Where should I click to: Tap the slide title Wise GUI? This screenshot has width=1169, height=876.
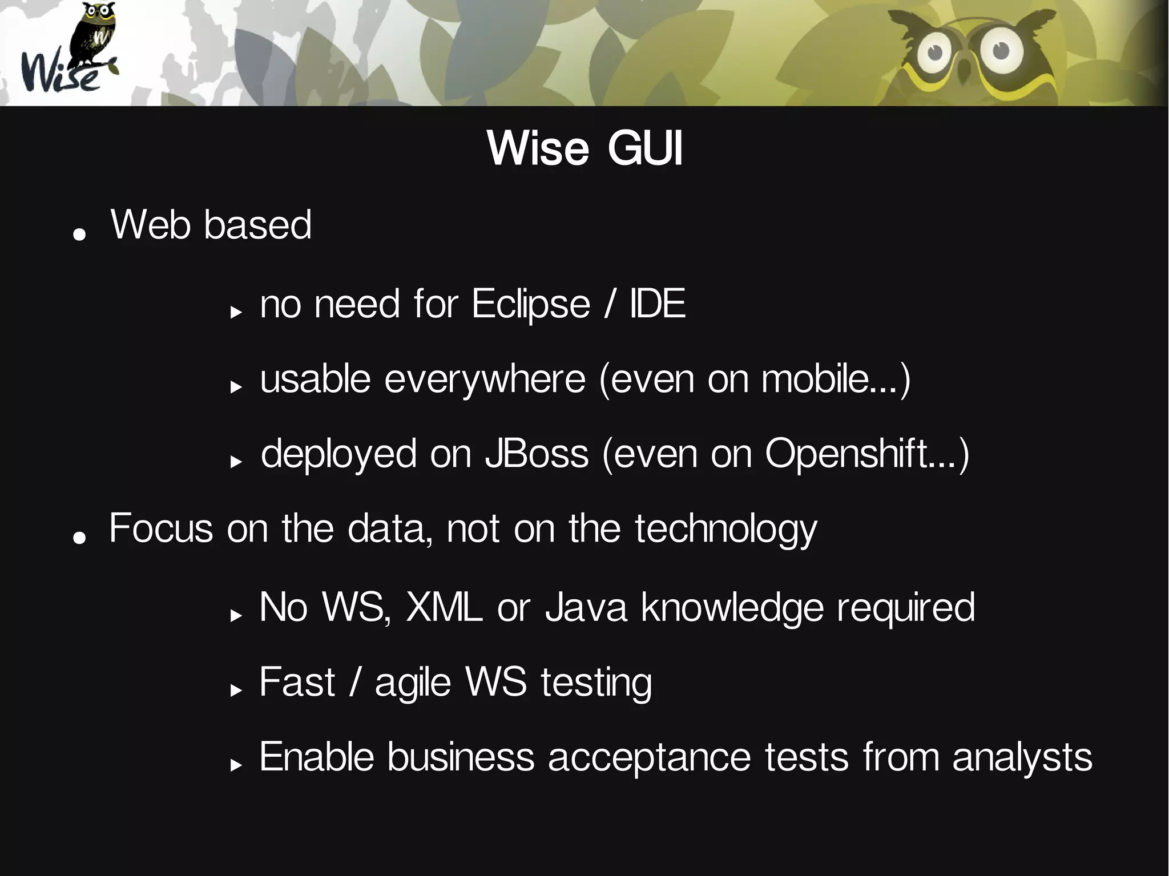584,149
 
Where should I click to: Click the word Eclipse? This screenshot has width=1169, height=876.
530,304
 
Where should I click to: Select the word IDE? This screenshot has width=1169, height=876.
657,304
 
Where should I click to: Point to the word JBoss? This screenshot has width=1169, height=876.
537,454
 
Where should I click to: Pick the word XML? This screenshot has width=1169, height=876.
444,607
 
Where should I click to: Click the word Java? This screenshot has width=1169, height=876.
586,607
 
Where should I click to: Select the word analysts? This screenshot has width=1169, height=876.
1022,758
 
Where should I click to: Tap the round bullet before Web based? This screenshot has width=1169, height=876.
79,233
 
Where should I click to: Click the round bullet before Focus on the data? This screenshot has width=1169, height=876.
79,536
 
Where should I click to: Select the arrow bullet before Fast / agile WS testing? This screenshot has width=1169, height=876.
236,691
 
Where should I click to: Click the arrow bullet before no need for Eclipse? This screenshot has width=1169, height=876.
236,312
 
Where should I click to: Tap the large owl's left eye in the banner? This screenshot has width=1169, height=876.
934,53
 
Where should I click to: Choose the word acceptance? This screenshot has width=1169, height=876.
650,758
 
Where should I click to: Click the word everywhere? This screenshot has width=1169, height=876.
485,379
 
